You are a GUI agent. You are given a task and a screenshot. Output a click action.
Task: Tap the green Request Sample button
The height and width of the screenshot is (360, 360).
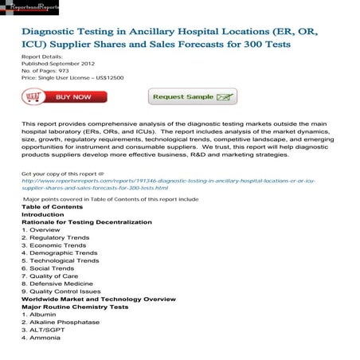click(x=192, y=97)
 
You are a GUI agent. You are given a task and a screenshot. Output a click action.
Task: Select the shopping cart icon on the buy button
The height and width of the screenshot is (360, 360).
click(x=33, y=97)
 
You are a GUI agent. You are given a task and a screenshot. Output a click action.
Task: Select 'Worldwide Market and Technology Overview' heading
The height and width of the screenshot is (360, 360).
click(x=99, y=299)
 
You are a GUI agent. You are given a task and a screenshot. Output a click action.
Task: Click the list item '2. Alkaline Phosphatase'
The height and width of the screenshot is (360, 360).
click(x=61, y=322)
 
